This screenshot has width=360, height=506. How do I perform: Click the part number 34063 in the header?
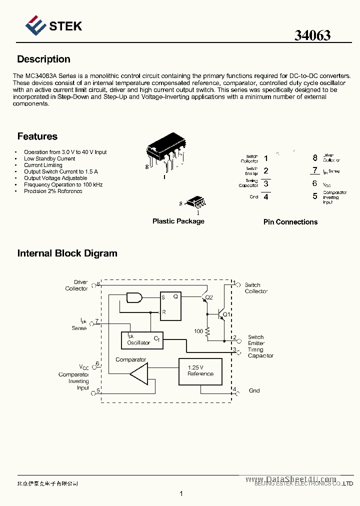[312, 35]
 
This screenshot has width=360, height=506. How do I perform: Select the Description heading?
[43, 59]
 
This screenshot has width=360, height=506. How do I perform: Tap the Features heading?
[37, 136]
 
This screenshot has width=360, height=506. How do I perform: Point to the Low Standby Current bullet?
[49, 158]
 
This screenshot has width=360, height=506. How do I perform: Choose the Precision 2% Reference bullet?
[53, 191]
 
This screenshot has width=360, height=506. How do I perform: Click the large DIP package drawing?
[164, 153]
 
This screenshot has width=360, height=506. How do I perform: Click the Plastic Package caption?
[178, 221]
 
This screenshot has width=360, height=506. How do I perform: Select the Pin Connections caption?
[290, 222]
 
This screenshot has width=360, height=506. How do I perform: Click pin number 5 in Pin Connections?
[315, 196]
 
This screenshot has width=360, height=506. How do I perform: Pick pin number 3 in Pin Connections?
[266, 183]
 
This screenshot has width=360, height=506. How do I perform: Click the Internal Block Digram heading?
[67, 253]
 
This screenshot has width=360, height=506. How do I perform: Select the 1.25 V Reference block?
[200, 371]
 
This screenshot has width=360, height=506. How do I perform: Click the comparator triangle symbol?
[139, 373]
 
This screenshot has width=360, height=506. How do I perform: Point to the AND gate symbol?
[134, 297]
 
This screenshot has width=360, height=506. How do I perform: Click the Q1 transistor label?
[226, 314]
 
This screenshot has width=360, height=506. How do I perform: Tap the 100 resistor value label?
[198, 331]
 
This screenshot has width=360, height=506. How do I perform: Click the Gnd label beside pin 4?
[254, 390]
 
